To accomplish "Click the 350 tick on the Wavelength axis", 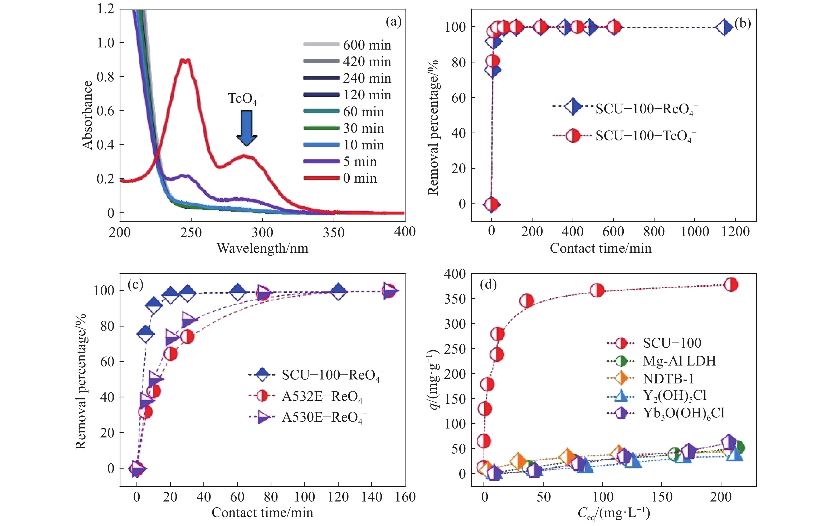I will tap(334, 233).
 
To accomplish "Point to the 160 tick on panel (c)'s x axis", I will tap(405, 497).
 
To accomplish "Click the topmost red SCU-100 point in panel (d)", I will tap(731, 285).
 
